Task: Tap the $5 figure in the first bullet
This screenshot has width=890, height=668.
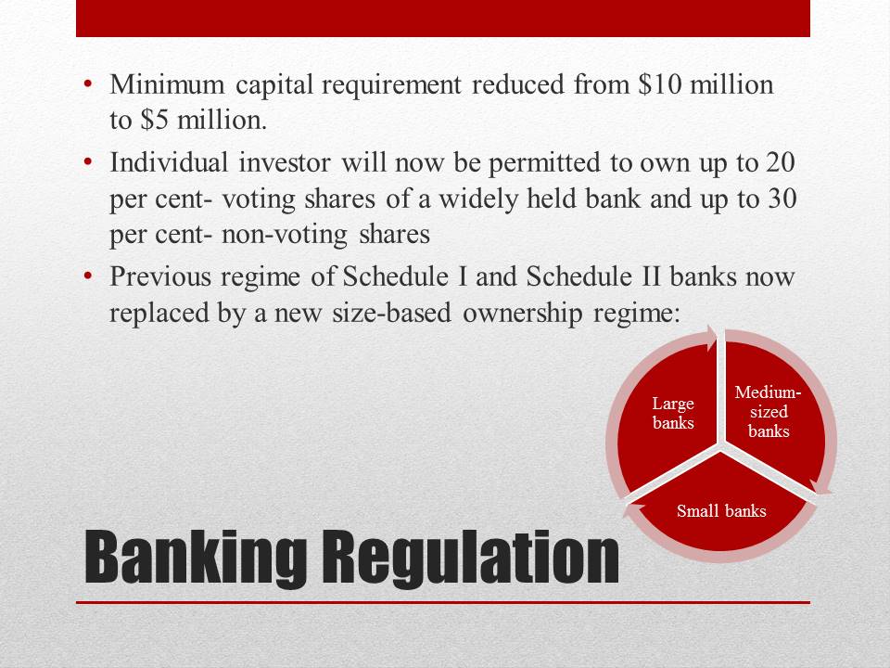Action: [154, 120]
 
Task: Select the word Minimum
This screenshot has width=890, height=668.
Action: [168, 84]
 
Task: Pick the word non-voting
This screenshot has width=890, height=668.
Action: [285, 235]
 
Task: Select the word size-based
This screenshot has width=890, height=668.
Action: [391, 313]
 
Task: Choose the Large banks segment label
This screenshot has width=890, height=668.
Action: [673, 413]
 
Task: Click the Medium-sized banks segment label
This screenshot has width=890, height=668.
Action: [769, 412]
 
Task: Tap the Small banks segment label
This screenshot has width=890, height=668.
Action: [721, 510]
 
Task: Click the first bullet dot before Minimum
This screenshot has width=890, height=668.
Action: [87, 84]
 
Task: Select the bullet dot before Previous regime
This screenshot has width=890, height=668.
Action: [87, 277]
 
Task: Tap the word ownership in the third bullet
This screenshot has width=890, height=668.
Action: [523, 313]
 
